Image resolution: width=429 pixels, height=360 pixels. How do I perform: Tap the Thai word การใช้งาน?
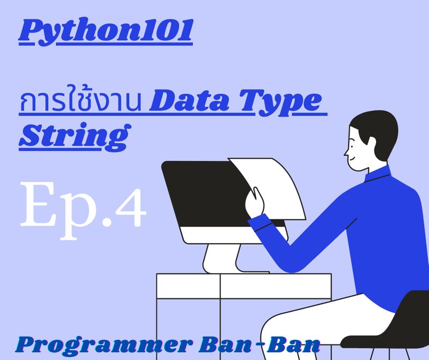click(80, 102)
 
